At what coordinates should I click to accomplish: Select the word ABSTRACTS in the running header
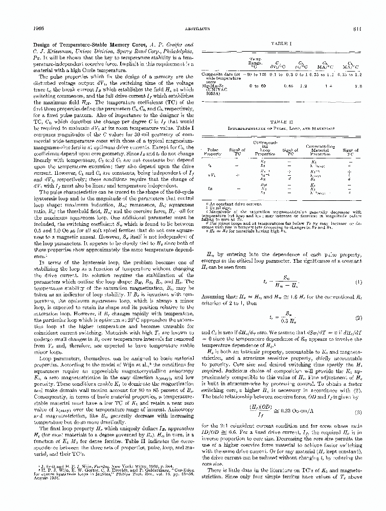click(193, 29)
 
